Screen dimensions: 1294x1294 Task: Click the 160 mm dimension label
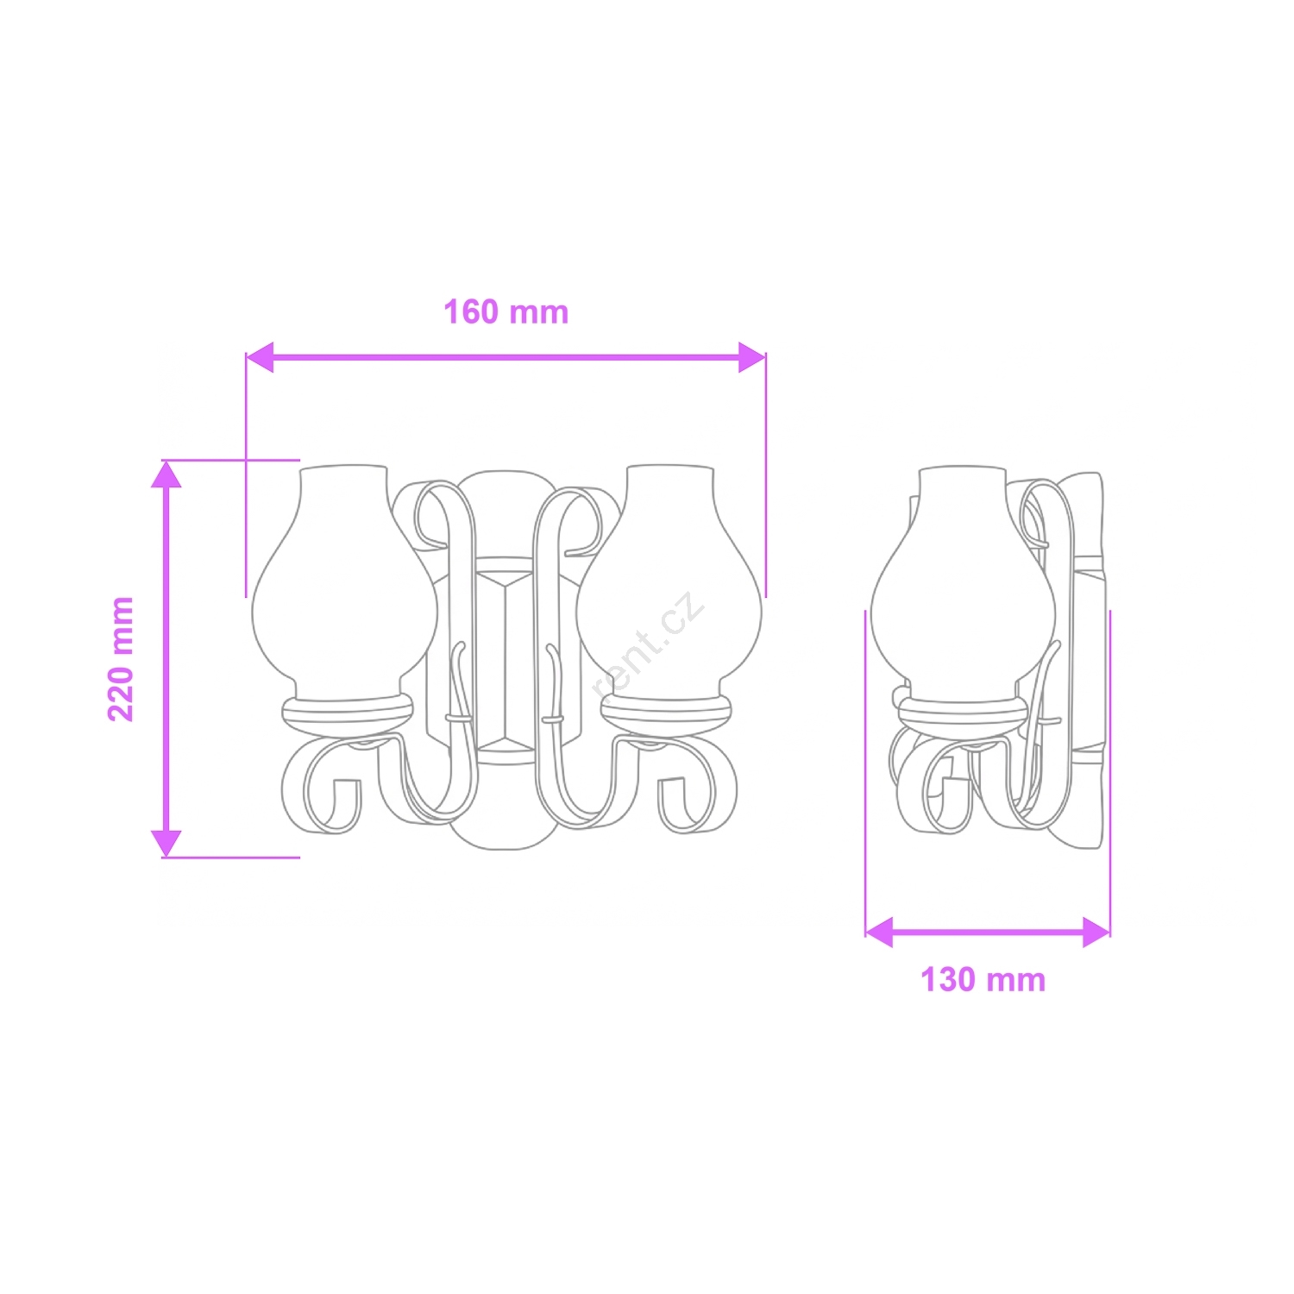[506, 312]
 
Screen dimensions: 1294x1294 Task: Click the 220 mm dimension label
[121, 659]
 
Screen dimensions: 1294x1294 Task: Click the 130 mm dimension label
[983, 980]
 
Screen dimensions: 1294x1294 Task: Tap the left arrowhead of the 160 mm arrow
[260, 357]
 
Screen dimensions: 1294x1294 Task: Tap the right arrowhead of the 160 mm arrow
[752, 357]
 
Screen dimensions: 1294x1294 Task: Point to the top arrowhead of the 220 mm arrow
[166, 474]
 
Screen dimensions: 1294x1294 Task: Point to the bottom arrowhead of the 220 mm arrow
[166, 844]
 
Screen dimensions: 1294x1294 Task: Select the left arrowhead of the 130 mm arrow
[879, 933]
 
